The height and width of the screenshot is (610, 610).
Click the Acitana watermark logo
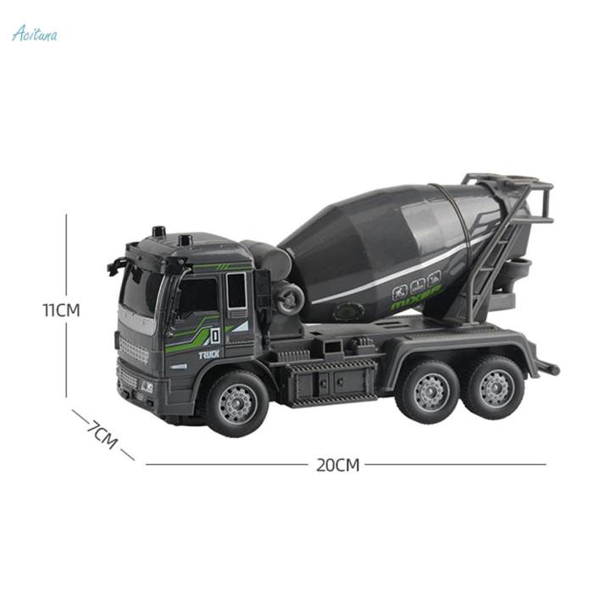pos(35,33)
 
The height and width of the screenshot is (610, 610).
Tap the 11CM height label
pos(61,310)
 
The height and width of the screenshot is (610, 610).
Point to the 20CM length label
pos(338,464)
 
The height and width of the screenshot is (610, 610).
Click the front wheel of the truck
pos(236,402)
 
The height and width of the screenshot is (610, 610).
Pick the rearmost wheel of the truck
pos(496,388)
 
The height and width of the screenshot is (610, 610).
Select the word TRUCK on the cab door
pos(209,355)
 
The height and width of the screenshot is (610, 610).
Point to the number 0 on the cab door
pos(215,333)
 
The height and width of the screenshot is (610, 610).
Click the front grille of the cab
pos(133,349)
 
